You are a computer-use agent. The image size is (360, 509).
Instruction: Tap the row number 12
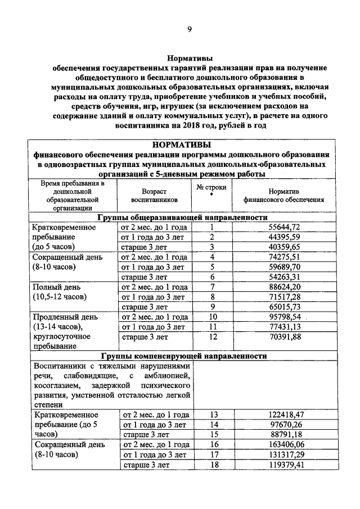(213, 337)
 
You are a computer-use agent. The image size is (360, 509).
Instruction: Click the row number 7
(213, 286)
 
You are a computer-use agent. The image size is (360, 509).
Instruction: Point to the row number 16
(213, 444)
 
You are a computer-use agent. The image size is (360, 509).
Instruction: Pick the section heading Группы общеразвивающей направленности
(182, 217)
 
